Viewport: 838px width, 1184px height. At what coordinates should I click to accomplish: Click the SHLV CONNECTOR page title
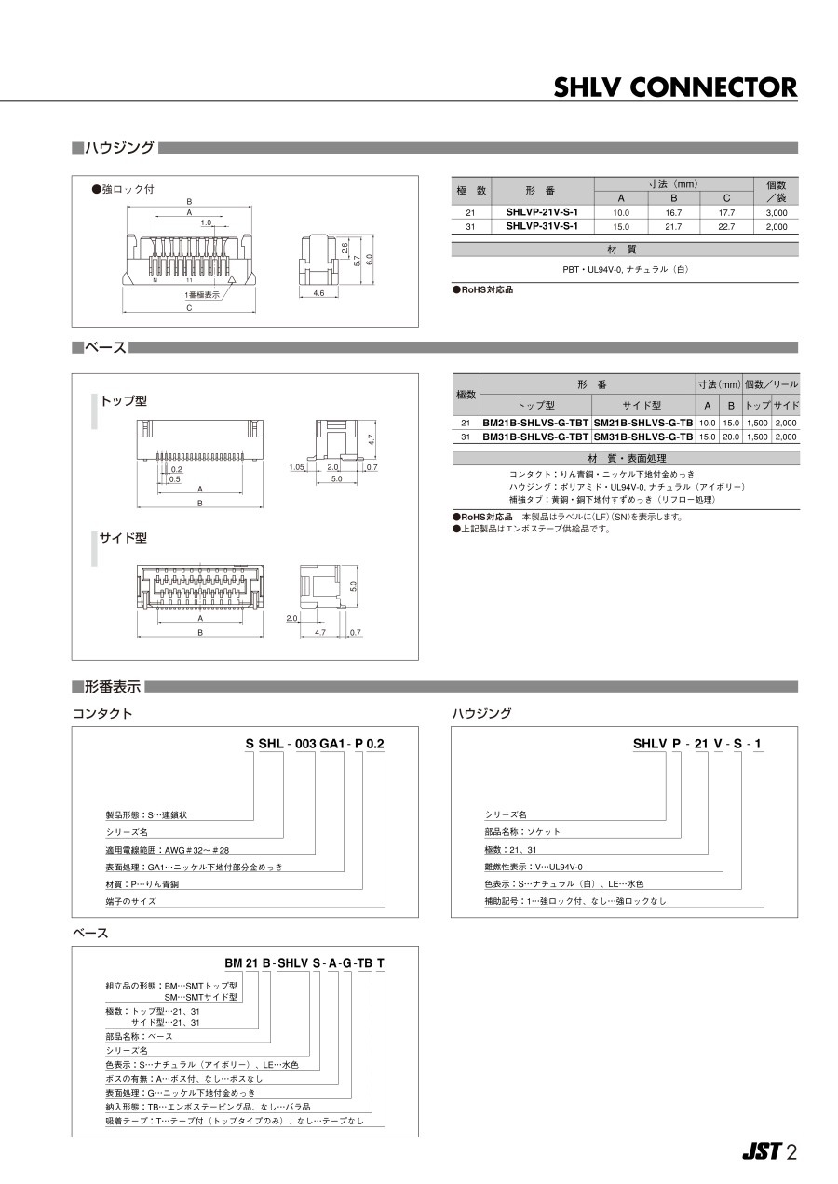click(675, 87)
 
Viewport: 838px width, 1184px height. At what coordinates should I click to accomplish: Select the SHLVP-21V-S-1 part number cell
click(542, 213)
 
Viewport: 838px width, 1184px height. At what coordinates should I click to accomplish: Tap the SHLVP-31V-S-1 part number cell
click(542, 226)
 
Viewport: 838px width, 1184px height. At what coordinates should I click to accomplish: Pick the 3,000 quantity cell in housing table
click(776, 213)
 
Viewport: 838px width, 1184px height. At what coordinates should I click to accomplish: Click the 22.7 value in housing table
click(726, 226)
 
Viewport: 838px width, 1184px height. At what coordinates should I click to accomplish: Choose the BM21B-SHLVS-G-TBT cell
click(535, 424)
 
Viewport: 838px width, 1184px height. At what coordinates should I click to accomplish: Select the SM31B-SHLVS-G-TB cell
click(642, 437)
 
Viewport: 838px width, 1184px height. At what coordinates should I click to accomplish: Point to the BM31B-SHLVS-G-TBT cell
click(535, 437)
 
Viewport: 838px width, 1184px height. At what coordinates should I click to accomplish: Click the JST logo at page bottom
click(761, 1151)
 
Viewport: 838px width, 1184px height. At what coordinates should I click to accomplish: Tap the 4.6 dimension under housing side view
click(318, 293)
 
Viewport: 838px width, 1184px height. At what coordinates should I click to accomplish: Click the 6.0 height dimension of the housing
click(369, 258)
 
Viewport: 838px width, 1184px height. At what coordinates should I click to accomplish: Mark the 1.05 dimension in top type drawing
click(298, 467)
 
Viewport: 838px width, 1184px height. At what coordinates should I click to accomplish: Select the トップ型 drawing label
click(124, 401)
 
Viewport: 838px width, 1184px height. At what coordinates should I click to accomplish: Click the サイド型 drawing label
click(124, 539)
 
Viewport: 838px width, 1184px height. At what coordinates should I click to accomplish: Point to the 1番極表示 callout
click(202, 294)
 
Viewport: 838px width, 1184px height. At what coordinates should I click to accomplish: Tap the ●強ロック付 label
click(123, 189)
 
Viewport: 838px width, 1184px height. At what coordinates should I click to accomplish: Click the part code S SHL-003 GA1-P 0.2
click(314, 744)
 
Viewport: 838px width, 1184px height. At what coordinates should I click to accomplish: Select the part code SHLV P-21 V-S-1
click(697, 744)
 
